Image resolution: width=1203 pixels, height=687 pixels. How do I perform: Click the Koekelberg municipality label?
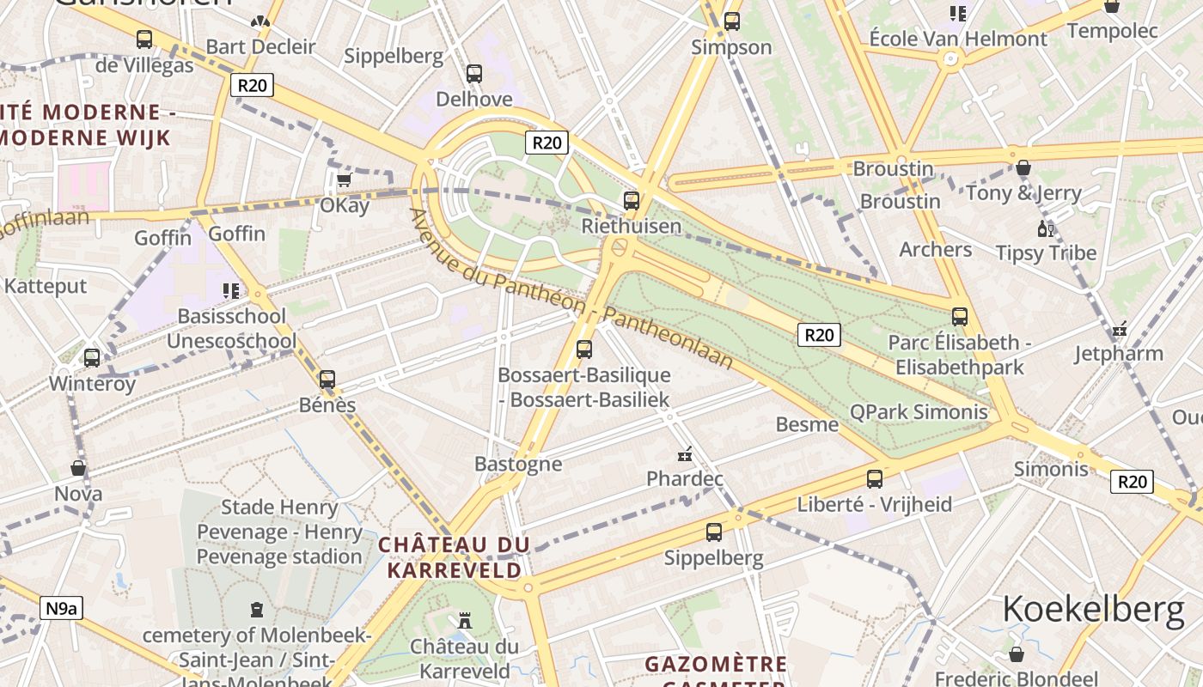click(1093, 609)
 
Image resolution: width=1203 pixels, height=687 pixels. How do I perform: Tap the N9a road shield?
click(61, 609)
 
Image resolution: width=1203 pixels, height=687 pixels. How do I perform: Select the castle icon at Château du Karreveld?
click(465, 620)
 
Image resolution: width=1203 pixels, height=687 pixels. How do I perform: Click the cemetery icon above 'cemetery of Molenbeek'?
click(256, 610)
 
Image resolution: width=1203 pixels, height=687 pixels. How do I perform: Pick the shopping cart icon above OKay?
click(344, 180)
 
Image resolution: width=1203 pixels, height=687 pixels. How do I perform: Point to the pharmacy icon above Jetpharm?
click(1119, 329)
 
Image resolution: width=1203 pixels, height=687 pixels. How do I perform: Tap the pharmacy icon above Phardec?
click(685, 453)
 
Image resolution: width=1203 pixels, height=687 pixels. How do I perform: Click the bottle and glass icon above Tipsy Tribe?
click(1046, 228)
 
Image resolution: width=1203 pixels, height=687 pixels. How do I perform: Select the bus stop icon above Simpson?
click(731, 21)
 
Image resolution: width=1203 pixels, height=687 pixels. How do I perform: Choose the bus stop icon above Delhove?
click(473, 74)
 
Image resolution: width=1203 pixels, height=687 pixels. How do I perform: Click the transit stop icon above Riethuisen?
click(632, 201)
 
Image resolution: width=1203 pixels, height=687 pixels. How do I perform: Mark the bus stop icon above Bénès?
click(327, 380)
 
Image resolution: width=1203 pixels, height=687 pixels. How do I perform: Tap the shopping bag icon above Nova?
click(78, 469)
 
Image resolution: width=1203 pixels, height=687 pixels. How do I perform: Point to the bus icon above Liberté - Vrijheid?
click(875, 479)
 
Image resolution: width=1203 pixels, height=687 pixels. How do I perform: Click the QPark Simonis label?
click(919, 412)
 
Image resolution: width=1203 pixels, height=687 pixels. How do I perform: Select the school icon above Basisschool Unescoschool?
click(230, 291)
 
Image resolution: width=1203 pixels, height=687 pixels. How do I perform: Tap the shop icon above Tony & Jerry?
click(1023, 167)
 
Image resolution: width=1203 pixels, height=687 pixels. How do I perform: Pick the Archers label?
click(935, 250)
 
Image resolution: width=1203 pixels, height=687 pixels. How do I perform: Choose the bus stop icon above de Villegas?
click(144, 40)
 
